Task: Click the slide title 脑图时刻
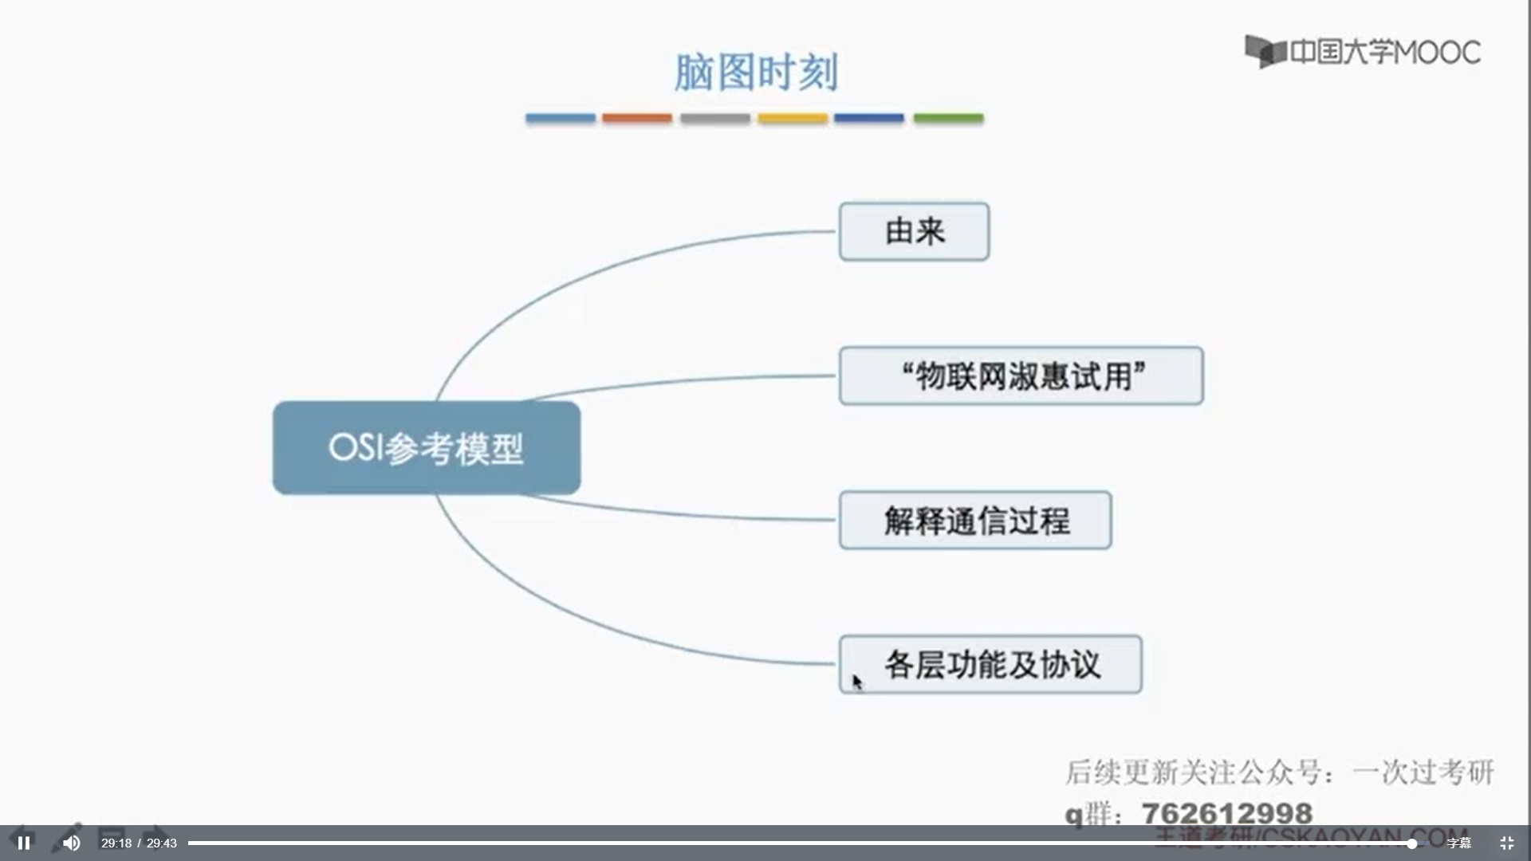756,73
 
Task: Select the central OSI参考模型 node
427,448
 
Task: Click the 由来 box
914,232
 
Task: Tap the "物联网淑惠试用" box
1021,376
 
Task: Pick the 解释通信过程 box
975,521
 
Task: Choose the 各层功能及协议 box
990,665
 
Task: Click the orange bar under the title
636,118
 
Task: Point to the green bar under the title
948,118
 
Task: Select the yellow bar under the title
793,118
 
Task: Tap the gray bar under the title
714,118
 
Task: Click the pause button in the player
24,843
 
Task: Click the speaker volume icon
71,843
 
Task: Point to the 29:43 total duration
162,843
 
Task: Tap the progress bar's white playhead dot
1411,843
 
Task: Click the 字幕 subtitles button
1458,843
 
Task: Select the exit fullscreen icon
1506,843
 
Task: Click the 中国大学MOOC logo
1363,52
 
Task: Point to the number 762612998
1227,813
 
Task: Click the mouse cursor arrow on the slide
856,682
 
